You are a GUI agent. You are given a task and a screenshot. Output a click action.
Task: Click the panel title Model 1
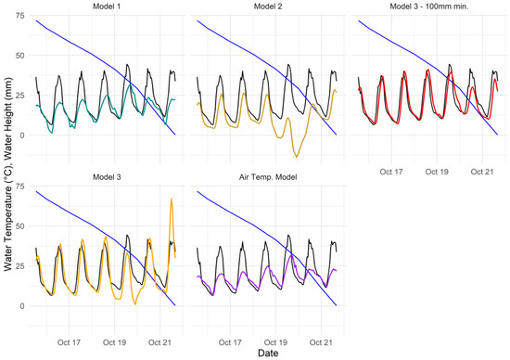[x=106, y=8]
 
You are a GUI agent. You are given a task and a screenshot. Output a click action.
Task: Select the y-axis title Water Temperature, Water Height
[x=7, y=176]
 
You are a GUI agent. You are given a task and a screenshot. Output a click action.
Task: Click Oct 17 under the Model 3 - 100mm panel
[x=392, y=172]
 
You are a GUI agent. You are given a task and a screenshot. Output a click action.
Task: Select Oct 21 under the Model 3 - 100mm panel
[x=481, y=172]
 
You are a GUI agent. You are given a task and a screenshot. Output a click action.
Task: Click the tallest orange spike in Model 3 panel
[x=171, y=199]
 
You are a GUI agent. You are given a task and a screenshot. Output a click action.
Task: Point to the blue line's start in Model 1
[x=36, y=20]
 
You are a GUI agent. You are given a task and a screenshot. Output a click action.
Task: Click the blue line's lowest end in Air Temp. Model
[x=336, y=305]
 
